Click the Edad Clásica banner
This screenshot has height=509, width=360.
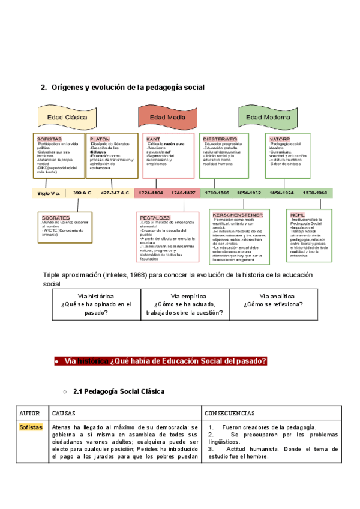tap(67, 118)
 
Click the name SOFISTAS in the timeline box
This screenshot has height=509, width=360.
tap(50, 139)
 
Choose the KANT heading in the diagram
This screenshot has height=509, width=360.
tap(153, 139)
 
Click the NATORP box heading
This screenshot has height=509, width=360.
tap(278, 139)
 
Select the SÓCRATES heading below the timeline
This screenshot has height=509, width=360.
tap(56, 217)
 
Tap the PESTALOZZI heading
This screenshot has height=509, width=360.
tap(155, 217)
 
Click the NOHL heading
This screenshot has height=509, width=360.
tap(298, 214)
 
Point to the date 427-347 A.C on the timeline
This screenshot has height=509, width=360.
tap(115, 193)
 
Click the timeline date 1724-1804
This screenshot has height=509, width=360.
tap(151, 193)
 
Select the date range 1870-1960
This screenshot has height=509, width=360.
tap(315, 193)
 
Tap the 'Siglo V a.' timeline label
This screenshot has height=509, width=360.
tap(48, 193)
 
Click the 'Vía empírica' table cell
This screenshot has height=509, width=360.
tap(185, 304)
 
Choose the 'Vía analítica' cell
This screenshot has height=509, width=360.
tap(273, 300)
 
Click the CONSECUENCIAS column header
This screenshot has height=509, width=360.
tap(230, 414)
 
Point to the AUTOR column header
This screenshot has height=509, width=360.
tap(29, 414)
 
